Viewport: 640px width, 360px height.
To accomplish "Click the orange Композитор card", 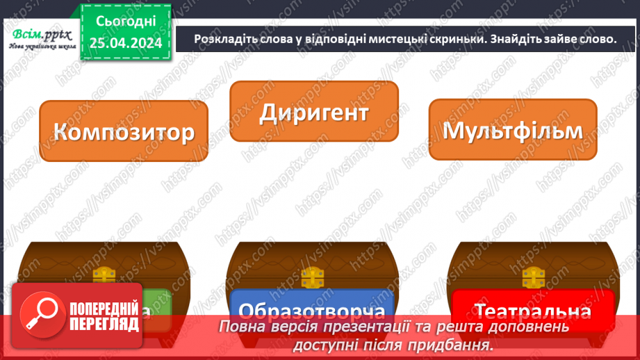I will click(x=124, y=131).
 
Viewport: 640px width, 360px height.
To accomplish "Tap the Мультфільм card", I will click(x=512, y=130).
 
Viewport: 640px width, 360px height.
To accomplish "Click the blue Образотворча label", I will click(x=311, y=310).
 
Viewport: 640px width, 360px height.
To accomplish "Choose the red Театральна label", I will click(x=533, y=310).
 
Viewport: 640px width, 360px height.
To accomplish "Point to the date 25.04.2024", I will click(x=126, y=44).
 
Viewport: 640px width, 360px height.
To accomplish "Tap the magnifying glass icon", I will click(x=40, y=313).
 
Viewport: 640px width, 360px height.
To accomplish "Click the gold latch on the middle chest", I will click(x=314, y=277).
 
